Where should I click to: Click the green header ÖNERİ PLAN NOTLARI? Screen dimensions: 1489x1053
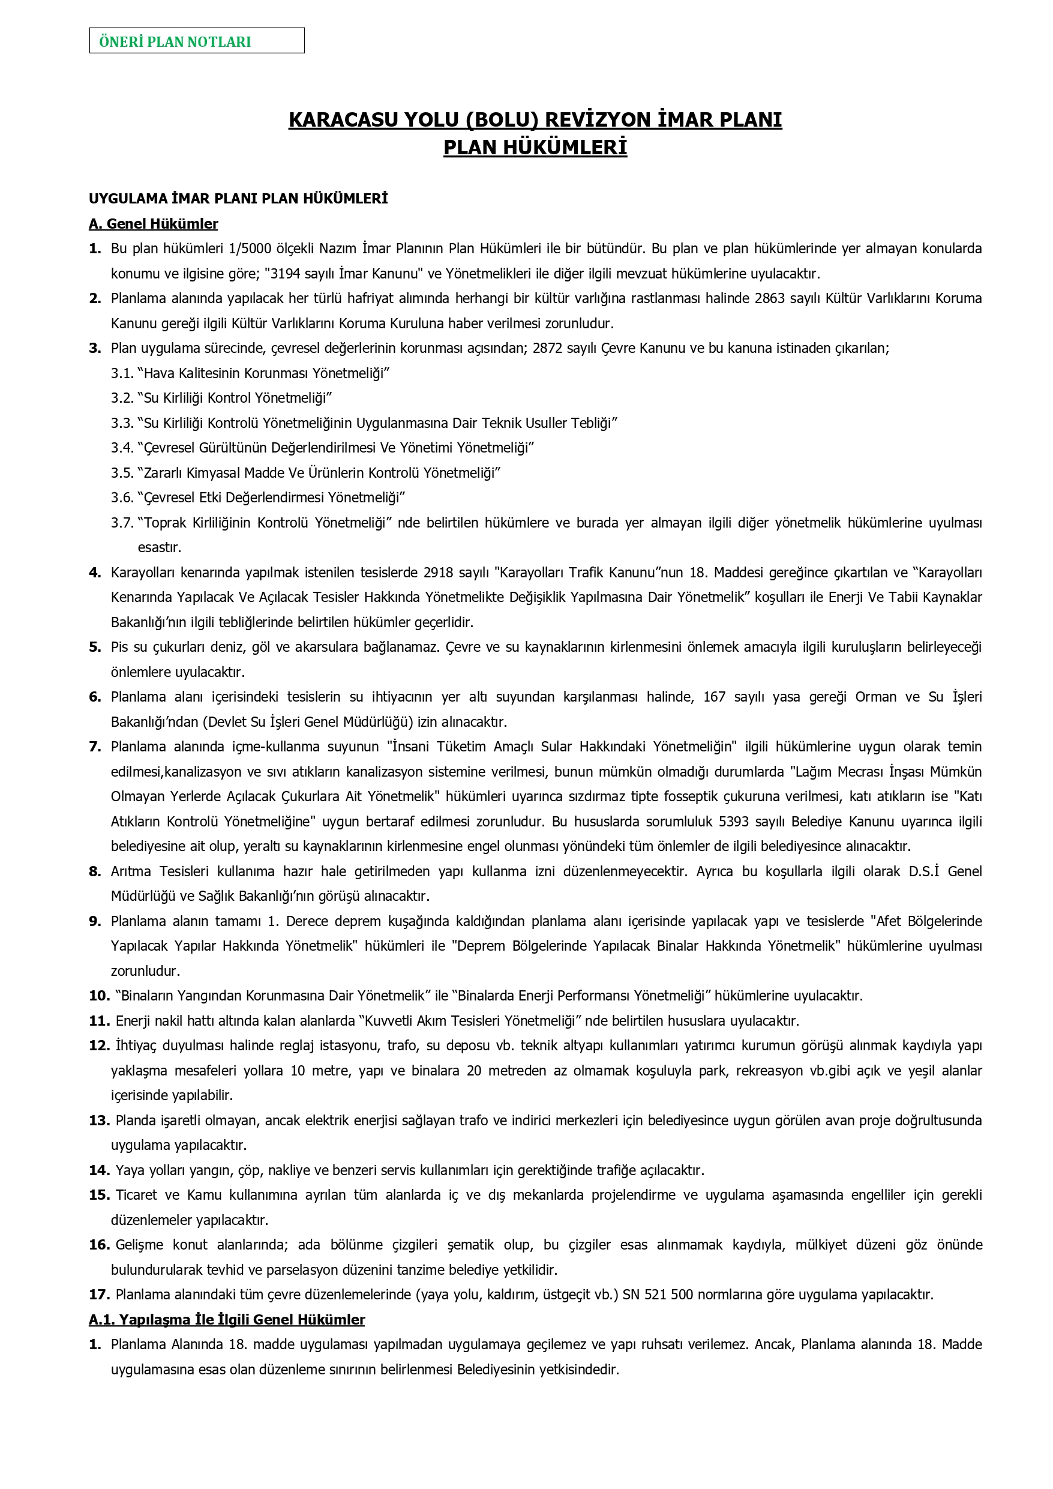[x=175, y=42]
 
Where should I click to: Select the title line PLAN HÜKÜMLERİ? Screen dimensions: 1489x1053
[x=535, y=148]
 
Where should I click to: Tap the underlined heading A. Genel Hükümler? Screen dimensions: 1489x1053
[x=153, y=224]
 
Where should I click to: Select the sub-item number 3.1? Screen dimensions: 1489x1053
[x=122, y=373]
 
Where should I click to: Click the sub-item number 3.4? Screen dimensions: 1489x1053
[x=122, y=448]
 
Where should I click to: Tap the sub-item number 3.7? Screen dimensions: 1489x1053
[x=122, y=523]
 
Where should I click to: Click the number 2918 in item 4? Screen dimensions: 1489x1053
[x=439, y=573]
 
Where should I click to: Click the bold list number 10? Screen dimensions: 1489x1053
[x=99, y=996]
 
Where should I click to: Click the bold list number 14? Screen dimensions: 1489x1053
[x=99, y=1170]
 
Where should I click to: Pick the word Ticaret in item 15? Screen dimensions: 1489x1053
[x=136, y=1194]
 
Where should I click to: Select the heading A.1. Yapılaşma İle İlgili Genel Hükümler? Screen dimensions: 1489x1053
[x=227, y=1319]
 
